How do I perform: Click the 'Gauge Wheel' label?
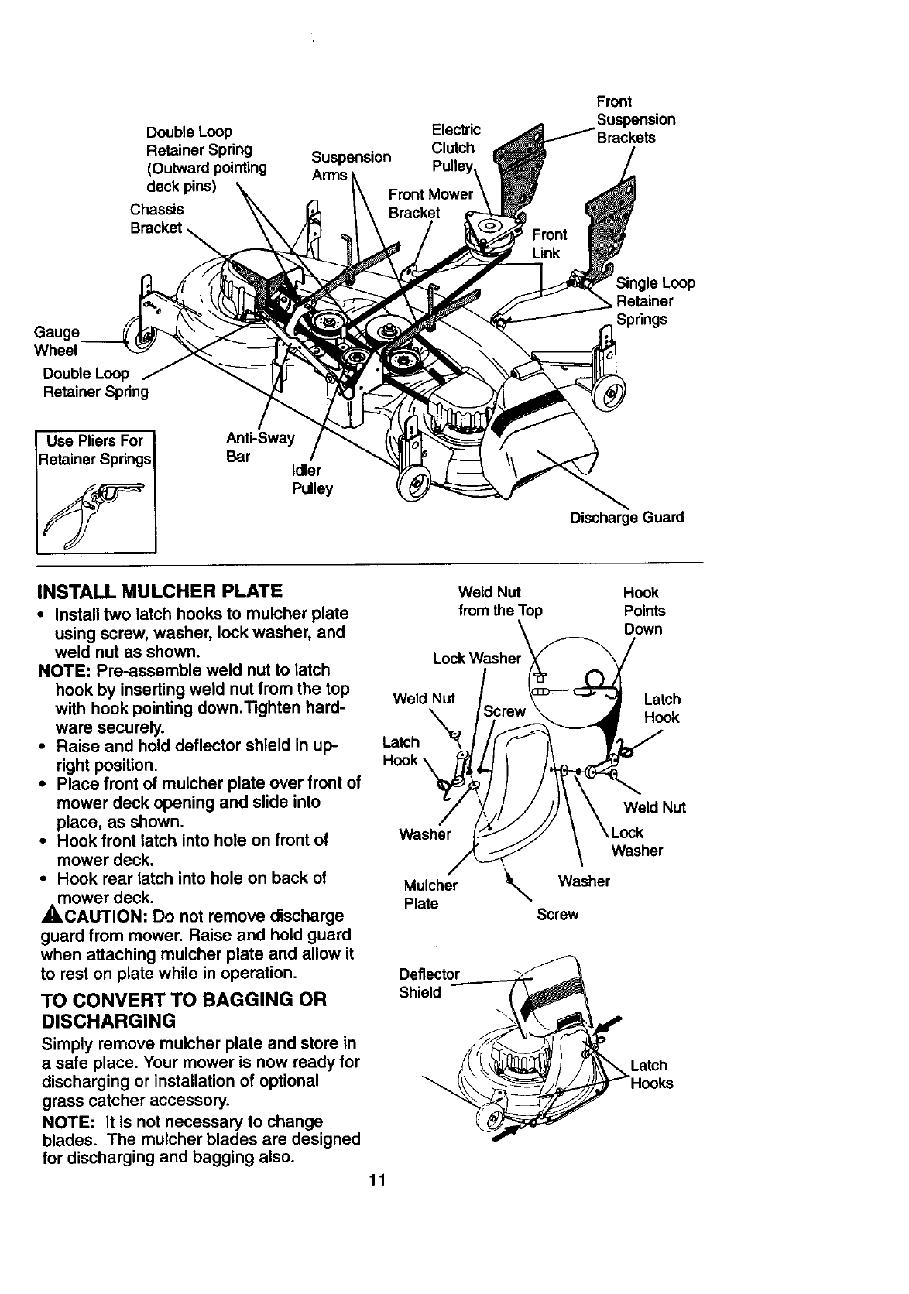[57, 341]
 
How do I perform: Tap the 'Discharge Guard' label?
[626, 517]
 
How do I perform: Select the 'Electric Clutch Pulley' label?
[454, 148]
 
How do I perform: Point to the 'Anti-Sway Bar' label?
[259, 447]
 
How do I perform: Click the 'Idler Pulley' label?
[311, 480]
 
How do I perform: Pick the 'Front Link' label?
[549, 244]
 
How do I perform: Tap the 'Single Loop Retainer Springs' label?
[654, 301]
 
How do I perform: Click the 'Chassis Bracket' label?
[156, 218]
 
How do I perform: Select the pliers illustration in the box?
[97, 511]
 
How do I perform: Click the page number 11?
[377, 1180]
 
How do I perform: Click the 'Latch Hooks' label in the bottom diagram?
[651, 1074]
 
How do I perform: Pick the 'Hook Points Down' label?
[643, 611]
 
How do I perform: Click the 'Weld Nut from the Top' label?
[500, 601]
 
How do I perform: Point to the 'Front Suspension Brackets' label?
[635, 119]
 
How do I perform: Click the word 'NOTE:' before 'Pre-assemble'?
[67, 670]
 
